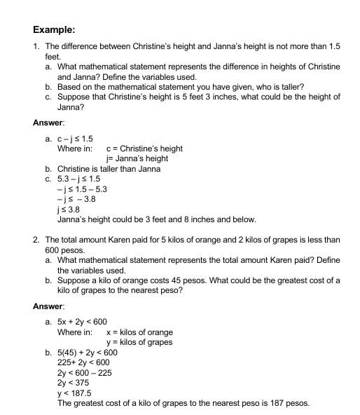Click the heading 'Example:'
pos(54,29)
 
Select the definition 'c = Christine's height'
pos(144,149)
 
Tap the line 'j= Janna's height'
pos(137,158)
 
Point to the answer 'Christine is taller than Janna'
pos(109,169)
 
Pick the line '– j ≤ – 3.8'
pos(77,199)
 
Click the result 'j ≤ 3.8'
pos(69,209)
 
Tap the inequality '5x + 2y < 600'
pos(82,322)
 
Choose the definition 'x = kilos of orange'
pos(139,332)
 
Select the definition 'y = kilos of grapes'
pos(139,342)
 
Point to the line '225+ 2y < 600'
pos(83,362)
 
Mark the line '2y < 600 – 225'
pos(84,373)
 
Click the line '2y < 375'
pos(72,383)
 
